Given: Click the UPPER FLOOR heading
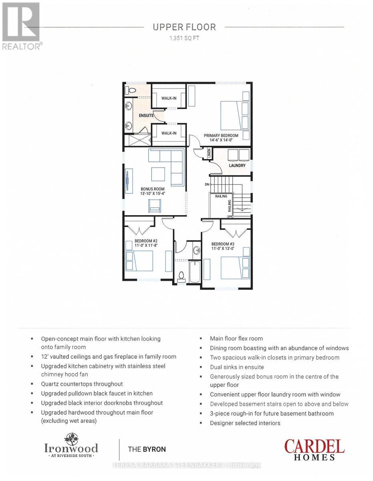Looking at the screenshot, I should point(184,27).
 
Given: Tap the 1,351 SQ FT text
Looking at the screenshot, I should point(184,38).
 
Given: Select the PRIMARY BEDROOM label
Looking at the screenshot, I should point(221,135).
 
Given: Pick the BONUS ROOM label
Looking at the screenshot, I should point(152,188).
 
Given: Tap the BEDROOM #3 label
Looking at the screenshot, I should point(223,244).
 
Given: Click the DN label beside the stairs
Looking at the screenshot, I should point(207,184).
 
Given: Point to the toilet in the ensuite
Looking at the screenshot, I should point(130,89).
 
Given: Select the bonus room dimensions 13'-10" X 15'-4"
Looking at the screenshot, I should point(152,193).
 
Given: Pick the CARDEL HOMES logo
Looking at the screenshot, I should point(314,449).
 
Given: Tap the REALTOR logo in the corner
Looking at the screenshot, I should point(21,26).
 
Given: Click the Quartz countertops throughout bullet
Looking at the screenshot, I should point(82,384).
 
